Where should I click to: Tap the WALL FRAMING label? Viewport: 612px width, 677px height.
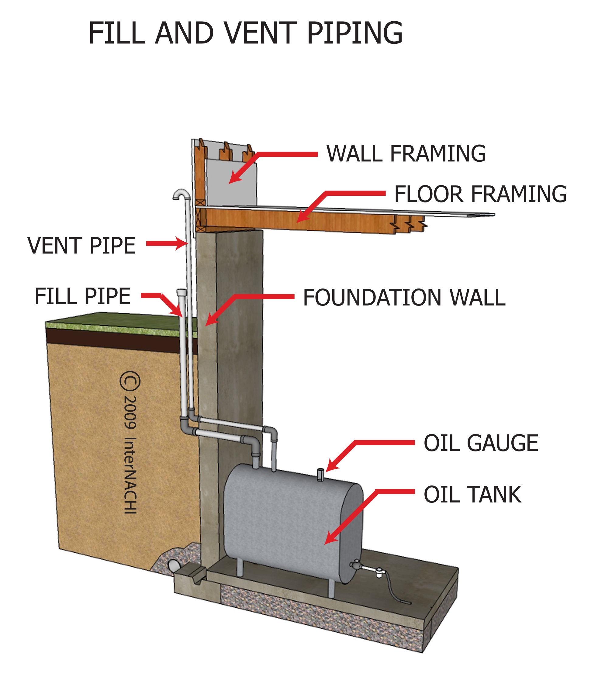[x=406, y=154]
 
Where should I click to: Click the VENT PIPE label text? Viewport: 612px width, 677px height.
[x=81, y=246]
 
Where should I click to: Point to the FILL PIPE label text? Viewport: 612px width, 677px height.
[x=83, y=296]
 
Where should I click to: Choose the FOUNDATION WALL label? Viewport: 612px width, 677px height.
[x=404, y=298]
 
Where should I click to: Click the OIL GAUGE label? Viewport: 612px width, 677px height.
[x=481, y=443]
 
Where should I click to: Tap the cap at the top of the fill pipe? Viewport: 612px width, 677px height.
[x=181, y=292]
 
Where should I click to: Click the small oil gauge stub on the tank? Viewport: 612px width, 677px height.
[x=320, y=475]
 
